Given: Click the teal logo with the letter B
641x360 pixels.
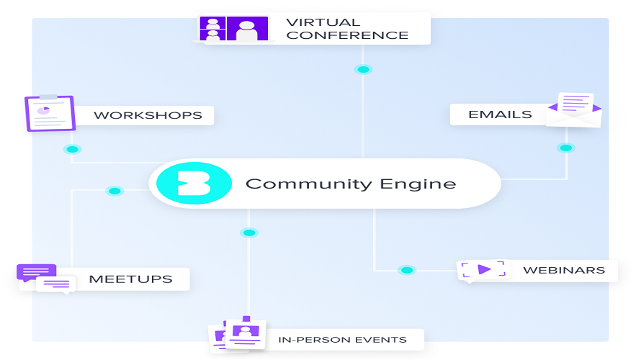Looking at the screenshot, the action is [x=194, y=183].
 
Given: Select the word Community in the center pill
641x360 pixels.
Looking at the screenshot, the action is [x=309, y=184].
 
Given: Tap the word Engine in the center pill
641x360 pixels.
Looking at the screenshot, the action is [x=418, y=184].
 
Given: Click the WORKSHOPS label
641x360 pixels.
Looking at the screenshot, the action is [x=148, y=115].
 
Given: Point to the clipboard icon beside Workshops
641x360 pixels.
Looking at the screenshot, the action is [x=50, y=113].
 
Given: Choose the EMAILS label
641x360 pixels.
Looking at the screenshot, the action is [x=500, y=114].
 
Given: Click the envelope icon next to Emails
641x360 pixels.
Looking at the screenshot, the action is [x=574, y=109].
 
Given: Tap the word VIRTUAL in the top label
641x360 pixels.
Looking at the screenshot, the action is [x=323, y=22].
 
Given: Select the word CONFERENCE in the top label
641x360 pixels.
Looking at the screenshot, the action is [x=347, y=35].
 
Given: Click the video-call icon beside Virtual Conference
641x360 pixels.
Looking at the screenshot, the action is [x=234, y=29].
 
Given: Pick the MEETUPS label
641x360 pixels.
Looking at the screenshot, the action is [x=131, y=279].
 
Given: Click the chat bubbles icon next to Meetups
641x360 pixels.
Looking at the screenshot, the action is [x=46, y=279].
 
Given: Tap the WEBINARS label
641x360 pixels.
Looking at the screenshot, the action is [x=564, y=270].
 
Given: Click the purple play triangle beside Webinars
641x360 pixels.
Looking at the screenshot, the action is [x=484, y=270].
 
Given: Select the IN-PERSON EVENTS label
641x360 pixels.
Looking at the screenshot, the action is [x=343, y=340].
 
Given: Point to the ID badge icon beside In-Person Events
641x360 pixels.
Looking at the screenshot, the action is [x=238, y=334].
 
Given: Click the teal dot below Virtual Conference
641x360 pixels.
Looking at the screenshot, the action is [x=363, y=69].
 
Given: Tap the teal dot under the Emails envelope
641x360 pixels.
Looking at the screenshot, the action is [x=566, y=148].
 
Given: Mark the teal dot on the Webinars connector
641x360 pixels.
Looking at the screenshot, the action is [x=407, y=270].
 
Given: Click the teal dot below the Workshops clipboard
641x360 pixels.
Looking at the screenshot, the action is [x=72, y=149].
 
